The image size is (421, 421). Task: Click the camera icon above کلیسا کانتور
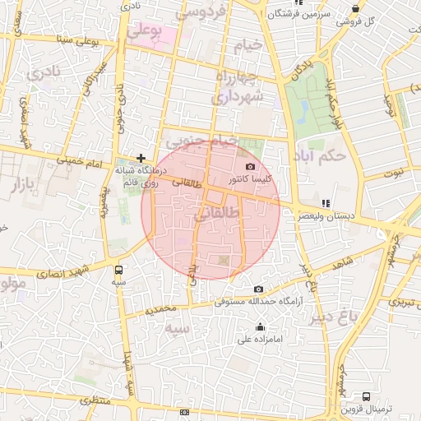point(250,166)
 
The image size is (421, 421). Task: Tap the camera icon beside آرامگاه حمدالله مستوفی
point(259,289)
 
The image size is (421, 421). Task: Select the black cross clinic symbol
point(141,157)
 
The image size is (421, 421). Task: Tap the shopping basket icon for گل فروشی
point(355,8)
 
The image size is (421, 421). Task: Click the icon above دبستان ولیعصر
point(326,202)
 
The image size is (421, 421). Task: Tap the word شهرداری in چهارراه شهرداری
point(236,97)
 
